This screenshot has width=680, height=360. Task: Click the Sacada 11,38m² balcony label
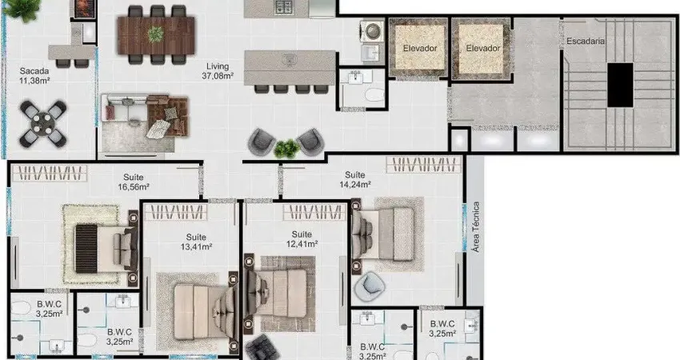tap(34, 75)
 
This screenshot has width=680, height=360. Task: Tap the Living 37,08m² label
tap(218, 71)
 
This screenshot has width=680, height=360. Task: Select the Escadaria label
tap(586, 42)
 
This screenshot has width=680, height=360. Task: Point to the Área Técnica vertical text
tap(476, 227)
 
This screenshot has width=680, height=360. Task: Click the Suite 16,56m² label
tap(134, 182)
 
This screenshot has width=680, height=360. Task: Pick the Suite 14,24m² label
tap(354, 179)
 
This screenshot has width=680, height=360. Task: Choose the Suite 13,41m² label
tap(196, 242)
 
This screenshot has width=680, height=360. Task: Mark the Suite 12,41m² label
tap(302, 239)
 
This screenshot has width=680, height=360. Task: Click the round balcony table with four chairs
tap(43, 124)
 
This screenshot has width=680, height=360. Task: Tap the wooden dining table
tap(156, 35)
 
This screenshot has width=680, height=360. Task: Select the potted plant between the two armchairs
tap(286, 149)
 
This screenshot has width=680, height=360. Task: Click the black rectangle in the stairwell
tap(620, 85)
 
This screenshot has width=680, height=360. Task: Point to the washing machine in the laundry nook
tap(373, 31)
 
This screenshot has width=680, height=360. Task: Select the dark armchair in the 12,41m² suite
tap(260, 348)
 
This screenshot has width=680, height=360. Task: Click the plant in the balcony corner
tap(22, 9)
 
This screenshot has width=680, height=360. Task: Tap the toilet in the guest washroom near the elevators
tap(374, 95)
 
